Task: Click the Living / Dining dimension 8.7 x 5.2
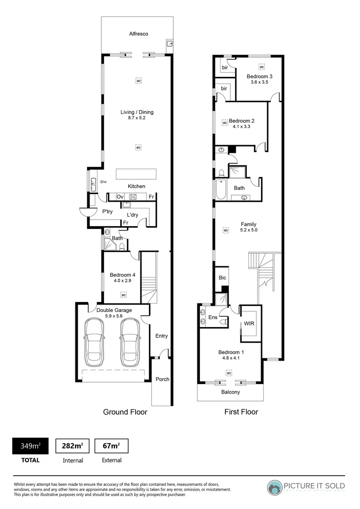click(137, 118)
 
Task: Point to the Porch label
click(162, 379)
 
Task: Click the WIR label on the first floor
click(249, 324)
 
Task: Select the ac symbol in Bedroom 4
click(123, 295)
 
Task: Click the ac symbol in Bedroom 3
click(262, 67)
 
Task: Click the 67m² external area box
click(111, 446)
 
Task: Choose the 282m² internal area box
click(73, 446)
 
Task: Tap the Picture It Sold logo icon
click(274, 487)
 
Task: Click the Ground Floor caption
click(125, 412)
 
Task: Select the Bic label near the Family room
click(222, 278)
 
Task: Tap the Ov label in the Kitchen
click(120, 197)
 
